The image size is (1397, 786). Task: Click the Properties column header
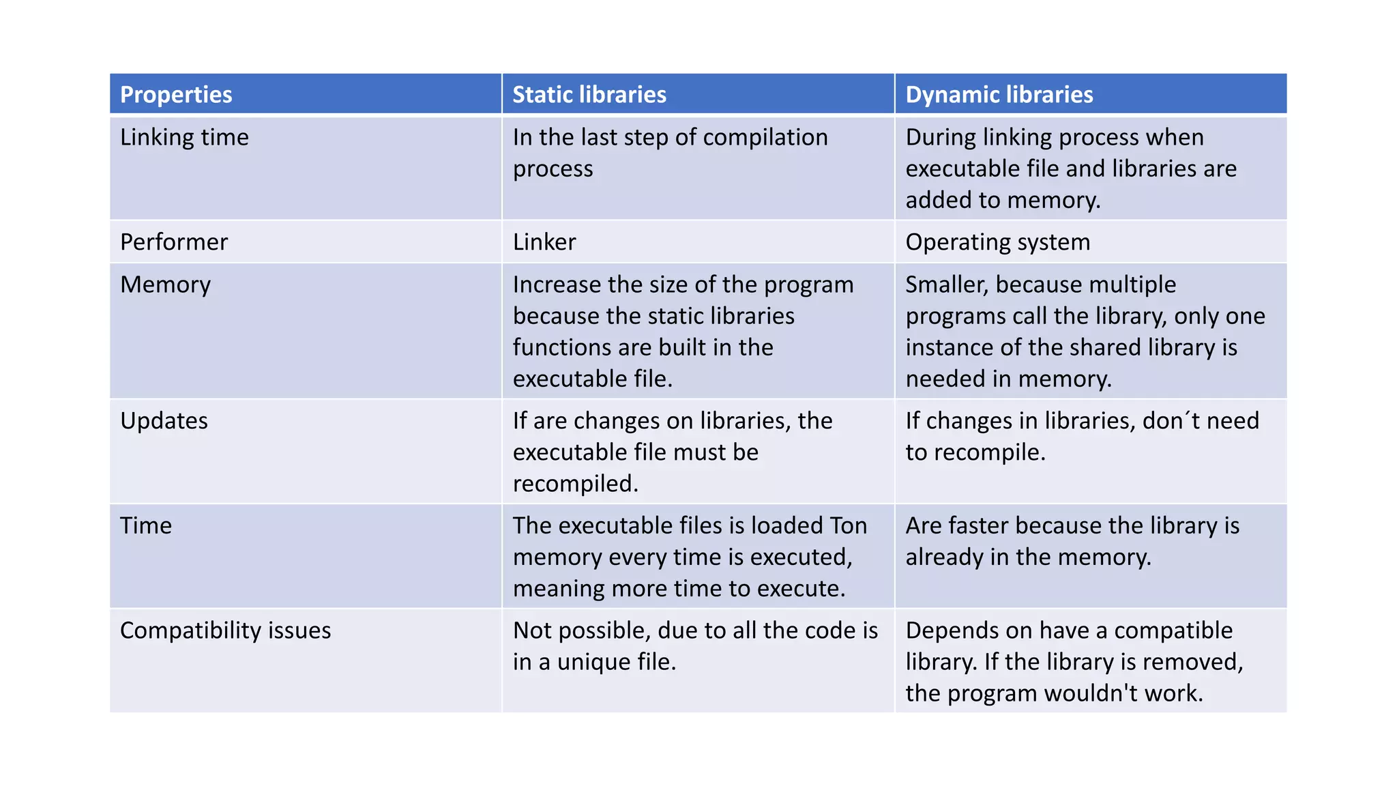tap(176, 94)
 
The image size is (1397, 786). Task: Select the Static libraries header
tap(589, 94)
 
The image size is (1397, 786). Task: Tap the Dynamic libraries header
tap(999, 94)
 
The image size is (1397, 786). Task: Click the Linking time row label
tap(184, 137)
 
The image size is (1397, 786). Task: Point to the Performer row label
tap(174, 242)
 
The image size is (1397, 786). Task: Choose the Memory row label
tap(165, 285)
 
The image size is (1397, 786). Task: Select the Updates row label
tap(164, 421)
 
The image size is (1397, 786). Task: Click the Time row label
tap(146, 525)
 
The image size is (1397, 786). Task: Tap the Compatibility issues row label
tap(225, 630)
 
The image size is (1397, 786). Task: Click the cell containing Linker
tap(544, 242)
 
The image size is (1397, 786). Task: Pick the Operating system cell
tap(997, 242)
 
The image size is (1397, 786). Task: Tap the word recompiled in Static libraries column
tap(575, 484)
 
